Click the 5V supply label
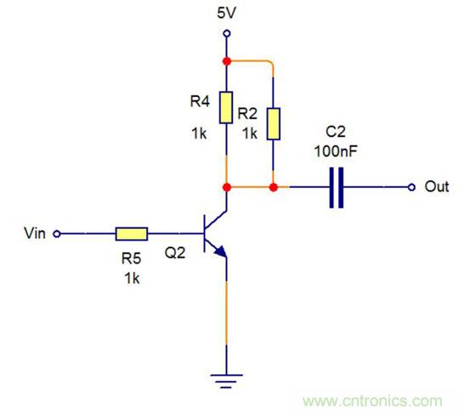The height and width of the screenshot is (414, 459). (227, 14)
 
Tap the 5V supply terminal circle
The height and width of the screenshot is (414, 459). (227, 34)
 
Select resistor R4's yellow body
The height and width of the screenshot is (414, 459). (227, 108)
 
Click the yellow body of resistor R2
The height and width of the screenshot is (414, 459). (274, 123)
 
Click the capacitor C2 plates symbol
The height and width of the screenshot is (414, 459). (336, 186)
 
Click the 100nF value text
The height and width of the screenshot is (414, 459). (336, 150)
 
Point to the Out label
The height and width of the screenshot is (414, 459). (436, 186)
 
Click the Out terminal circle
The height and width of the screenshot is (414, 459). (412, 186)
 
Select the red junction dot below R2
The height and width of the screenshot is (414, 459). (274, 186)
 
